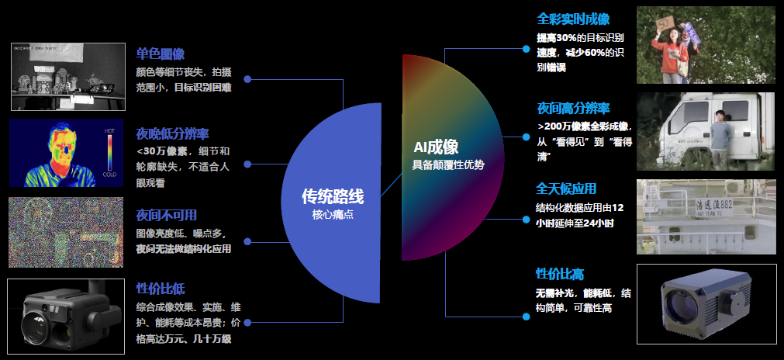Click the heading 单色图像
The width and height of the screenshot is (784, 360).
point(160,54)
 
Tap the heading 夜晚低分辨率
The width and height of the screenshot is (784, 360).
point(172,133)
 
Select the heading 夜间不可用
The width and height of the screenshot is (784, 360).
point(166,214)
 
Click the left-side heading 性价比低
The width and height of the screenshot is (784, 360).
point(160,289)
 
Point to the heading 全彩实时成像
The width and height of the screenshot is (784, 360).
point(572,19)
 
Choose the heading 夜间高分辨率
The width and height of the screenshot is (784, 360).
point(573,107)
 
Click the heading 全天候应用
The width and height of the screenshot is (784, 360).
point(566,189)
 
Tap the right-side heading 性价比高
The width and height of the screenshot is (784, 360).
point(560,274)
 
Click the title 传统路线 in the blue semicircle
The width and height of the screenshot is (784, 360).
point(333,196)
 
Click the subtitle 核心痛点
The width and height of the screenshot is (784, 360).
point(333,215)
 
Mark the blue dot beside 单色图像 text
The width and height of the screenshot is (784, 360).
point(247,78)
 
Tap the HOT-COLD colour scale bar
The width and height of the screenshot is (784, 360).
point(110,152)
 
